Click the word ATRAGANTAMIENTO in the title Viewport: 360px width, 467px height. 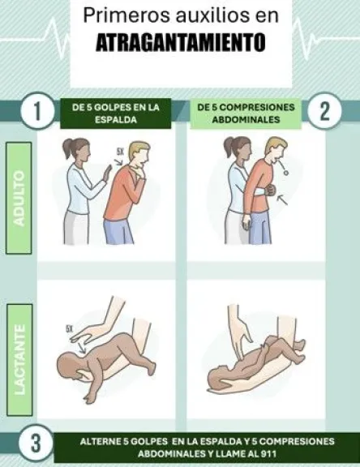pyautogui.click(x=181, y=43)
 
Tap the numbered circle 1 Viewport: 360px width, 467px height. pyautogui.click(x=37, y=111)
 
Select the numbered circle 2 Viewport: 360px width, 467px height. pyautogui.click(x=324, y=111)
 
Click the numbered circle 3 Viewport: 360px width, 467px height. pyautogui.click(x=36, y=443)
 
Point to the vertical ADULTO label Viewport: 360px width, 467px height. pyautogui.click(x=19, y=198)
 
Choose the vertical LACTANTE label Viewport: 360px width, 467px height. pyautogui.click(x=19, y=360)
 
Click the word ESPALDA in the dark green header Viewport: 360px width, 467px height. pyautogui.click(x=116, y=120)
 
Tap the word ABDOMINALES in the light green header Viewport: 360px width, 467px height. pyautogui.click(x=246, y=120)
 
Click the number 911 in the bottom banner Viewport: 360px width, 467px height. pyautogui.click(x=269, y=454)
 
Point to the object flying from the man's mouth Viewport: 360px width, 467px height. pyautogui.click(x=286, y=172)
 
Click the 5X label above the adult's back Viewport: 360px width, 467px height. pyautogui.click(x=120, y=152)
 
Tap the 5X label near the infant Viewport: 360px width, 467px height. pyautogui.click(x=69, y=329)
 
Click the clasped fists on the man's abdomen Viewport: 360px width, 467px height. pyautogui.click(x=270, y=190)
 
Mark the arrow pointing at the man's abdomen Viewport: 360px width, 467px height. pyautogui.click(x=282, y=199)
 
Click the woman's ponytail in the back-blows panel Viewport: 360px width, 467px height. pyautogui.click(x=67, y=149)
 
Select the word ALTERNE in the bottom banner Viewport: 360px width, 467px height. pyautogui.click(x=100, y=441)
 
